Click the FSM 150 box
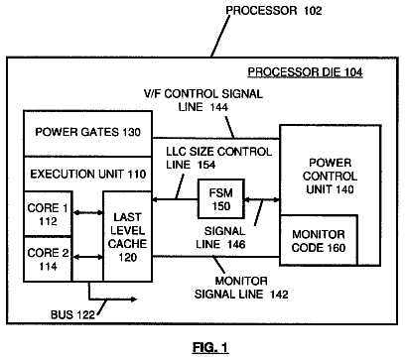tap(221, 199)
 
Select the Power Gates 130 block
tap(87, 134)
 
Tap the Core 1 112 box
tap(48, 214)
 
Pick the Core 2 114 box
tap(48, 259)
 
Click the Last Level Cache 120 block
tap(128, 236)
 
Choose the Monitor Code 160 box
tap(319, 240)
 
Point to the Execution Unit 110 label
tap(88, 174)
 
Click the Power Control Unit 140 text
tap(330, 176)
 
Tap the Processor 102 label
tap(274, 11)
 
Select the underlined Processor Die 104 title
tap(305, 72)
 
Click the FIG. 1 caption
tap(210, 347)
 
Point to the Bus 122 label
tap(72, 314)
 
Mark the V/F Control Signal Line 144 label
tap(203, 100)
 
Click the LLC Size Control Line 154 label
tap(218, 158)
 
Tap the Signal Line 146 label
tap(220, 237)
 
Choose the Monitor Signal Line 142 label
tap(241, 288)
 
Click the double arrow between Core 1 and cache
tap(88, 212)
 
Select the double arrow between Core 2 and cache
tap(88, 257)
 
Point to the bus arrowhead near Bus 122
tap(134, 300)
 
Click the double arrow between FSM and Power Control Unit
tap(262, 199)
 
